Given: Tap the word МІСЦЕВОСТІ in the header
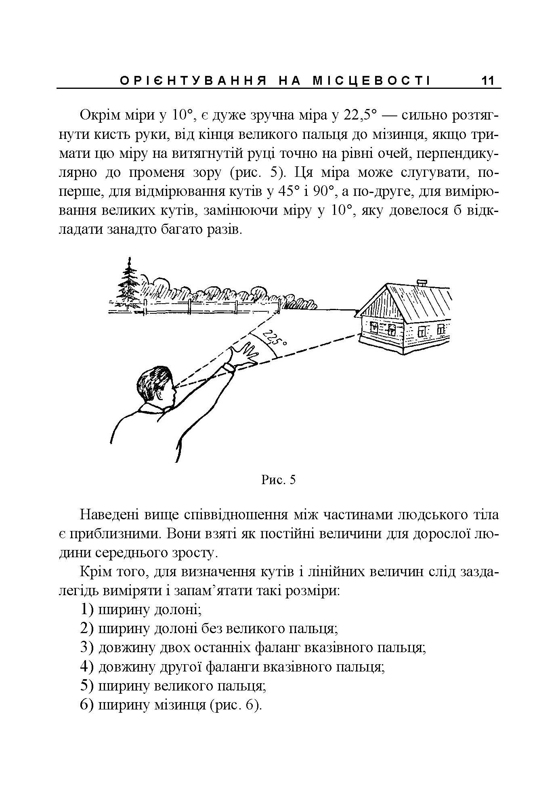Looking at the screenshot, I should [371, 81].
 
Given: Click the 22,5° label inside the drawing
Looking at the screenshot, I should [274, 338].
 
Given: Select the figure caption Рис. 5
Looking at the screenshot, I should [279, 480].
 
